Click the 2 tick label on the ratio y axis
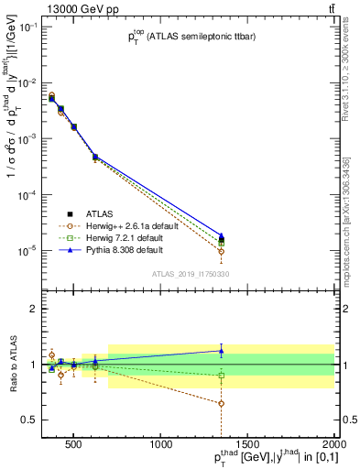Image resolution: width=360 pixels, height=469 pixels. click(x=31, y=309)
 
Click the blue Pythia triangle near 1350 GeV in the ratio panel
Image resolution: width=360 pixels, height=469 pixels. click(x=221, y=351)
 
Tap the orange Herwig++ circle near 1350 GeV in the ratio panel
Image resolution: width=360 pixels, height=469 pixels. click(x=221, y=403)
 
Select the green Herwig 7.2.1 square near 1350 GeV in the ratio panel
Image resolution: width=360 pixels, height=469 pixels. click(x=221, y=376)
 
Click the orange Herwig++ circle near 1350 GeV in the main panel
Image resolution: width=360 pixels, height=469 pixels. click(x=221, y=251)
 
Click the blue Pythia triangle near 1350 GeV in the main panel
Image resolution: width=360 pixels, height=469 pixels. click(x=221, y=235)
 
